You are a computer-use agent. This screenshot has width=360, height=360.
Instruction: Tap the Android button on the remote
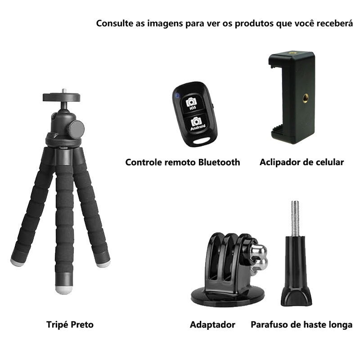(x=197, y=124)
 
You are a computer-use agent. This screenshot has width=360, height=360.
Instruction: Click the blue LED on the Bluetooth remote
(x=177, y=95)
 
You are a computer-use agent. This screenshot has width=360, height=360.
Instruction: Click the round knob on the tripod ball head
(x=76, y=129)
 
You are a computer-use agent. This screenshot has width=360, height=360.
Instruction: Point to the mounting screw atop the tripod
(x=64, y=91)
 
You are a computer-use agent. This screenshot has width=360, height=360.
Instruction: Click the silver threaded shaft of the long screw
(x=295, y=220)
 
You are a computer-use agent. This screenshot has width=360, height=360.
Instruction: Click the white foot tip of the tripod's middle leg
(x=64, y=290)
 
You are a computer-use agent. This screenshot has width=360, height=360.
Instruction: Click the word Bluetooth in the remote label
(x=219, y=162)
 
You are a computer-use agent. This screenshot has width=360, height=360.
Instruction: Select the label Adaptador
(x=212, y=324)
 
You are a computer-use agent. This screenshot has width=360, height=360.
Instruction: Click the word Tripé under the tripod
(x=57, y=324)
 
